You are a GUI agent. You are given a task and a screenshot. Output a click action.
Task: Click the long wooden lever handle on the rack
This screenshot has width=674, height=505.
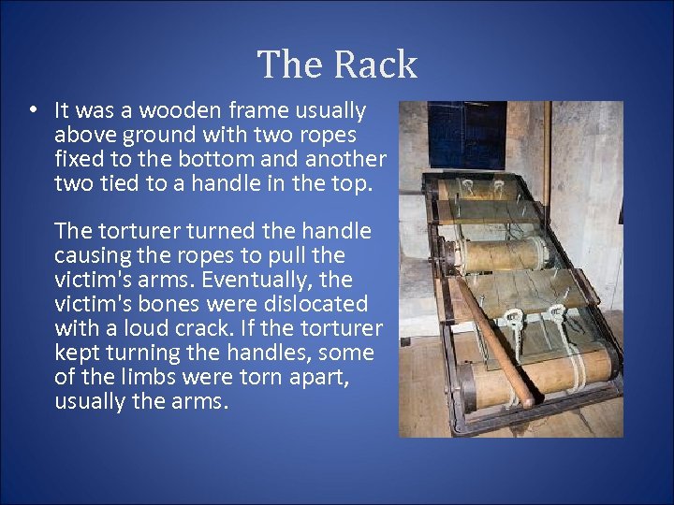click(491, 337)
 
